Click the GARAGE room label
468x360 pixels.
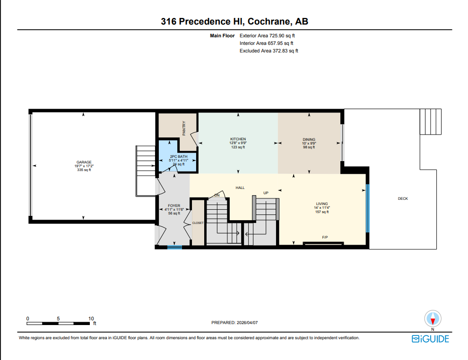84,162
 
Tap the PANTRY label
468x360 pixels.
184,129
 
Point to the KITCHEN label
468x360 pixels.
238,139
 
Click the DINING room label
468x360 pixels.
309,139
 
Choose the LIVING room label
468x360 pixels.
322,204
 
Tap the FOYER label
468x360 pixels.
174,206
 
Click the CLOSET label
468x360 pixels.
198,223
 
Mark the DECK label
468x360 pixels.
403,199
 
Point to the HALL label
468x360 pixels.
240,188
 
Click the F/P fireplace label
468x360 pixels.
325,237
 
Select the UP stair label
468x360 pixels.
266,193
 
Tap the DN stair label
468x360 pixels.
217,195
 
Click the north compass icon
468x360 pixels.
433,318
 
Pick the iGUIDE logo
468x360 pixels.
430,339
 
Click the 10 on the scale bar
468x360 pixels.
91,318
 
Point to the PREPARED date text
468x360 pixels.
234,323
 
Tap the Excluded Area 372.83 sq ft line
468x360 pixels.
269,51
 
